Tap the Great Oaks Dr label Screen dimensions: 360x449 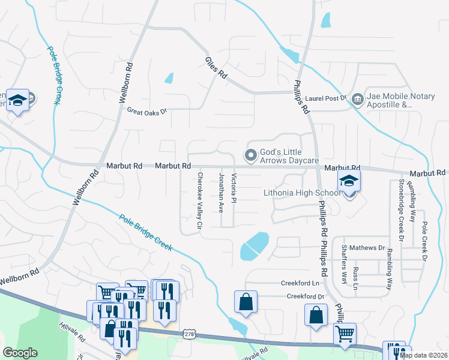pos(146,111)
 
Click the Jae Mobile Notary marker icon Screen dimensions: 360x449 pos(357,98)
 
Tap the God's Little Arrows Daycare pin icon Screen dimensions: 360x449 pos(250,155)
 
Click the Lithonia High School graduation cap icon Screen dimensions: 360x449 pos(348,180)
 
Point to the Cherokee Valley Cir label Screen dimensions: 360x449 pos(200,202)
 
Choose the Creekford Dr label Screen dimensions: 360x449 pos(305,296)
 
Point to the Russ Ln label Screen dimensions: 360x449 pos(356,277)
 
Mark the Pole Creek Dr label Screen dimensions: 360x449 pos(424,241)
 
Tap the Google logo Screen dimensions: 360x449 pos(20,353)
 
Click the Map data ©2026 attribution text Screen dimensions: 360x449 pos(423,355)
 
